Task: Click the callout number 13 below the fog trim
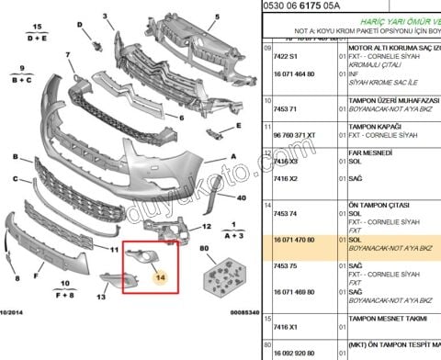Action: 103,297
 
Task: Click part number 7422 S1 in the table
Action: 282,56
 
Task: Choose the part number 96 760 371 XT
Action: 291,135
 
